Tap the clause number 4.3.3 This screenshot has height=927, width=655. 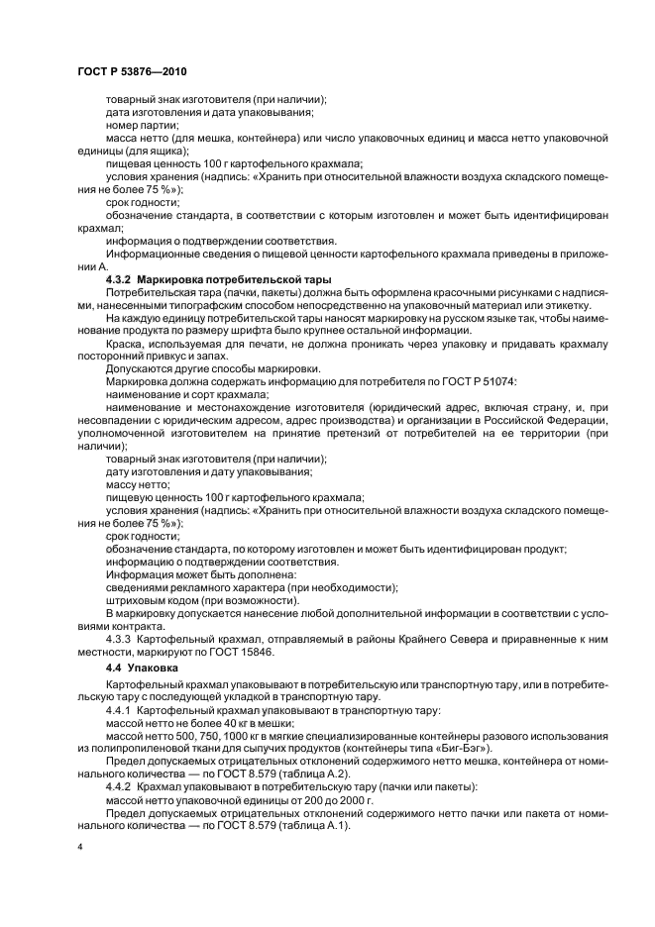[121, 640]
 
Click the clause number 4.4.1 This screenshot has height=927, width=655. [121, 712]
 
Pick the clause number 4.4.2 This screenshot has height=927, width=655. [121, 785]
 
